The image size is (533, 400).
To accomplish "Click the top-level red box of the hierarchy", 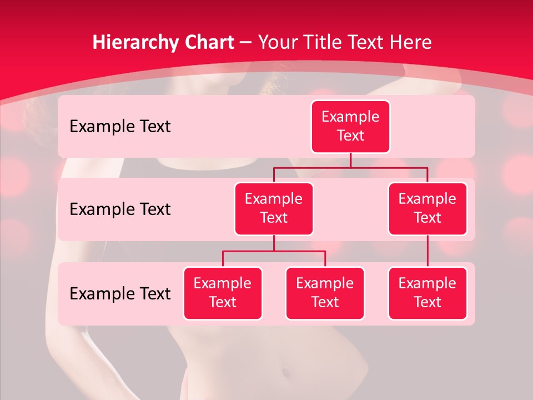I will [x=350, y=127].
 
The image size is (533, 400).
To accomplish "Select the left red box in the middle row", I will [x=274, y=208].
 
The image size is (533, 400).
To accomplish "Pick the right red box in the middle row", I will [x=428, y=208].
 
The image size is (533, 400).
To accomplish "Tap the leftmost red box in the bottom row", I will [x=223, y=293].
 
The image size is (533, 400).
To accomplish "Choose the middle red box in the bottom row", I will [x=325, y=293].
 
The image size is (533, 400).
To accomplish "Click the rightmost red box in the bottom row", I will [x=428, y=293].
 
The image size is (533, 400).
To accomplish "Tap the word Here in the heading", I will [x=411, y=43].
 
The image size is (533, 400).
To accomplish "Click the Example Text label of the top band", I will [x=120, y=126].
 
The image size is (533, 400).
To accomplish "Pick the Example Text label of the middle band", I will [x=120, y=209].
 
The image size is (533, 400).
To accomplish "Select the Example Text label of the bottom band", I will [x=120, y=293].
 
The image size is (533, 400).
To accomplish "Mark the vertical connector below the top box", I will [x=350, y=160].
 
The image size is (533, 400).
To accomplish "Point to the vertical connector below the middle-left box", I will [x=274, y=243].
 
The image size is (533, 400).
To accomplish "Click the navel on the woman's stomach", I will [x=285, y=371].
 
